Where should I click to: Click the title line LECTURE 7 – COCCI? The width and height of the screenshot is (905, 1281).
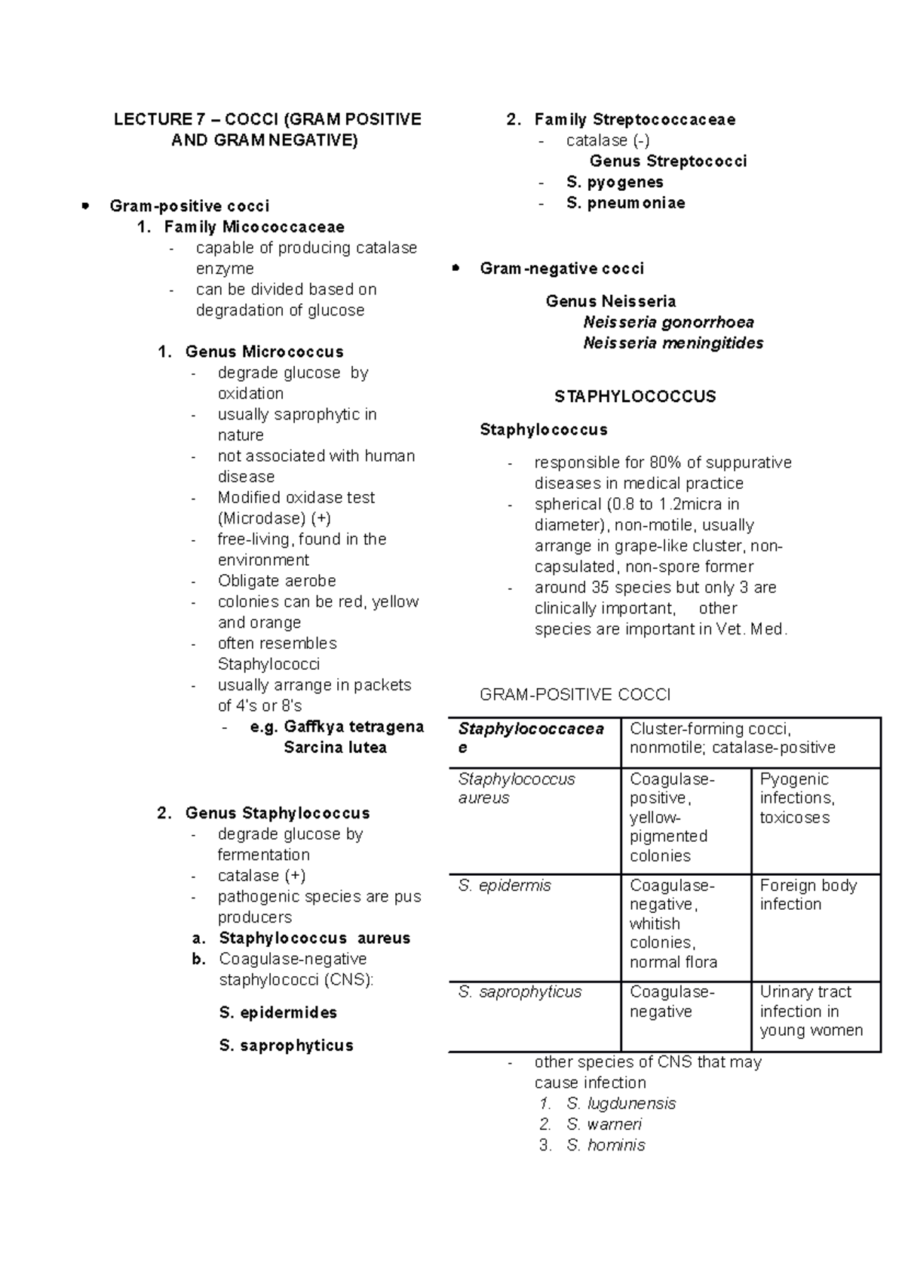(267, 119)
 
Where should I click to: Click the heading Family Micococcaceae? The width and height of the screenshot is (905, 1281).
(254, 227)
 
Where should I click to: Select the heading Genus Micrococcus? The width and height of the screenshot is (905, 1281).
(264, 352)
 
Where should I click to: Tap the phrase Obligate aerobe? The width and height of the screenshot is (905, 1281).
(277, 581)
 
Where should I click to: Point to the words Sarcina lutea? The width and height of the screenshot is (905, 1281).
(335, 748)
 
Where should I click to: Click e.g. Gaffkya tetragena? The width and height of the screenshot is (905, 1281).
(336, 727)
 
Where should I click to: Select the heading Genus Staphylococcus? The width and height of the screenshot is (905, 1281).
(277, 813)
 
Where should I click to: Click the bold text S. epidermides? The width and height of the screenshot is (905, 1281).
(278, 1012)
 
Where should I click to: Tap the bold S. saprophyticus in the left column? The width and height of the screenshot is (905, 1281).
(286, 1046)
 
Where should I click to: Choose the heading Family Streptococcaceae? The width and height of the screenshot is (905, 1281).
(634, 119)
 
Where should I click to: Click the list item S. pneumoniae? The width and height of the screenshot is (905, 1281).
(625, 203)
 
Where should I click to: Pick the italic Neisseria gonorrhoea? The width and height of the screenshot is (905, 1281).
(668, 322)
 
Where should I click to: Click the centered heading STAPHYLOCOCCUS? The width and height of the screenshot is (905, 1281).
(635, 397)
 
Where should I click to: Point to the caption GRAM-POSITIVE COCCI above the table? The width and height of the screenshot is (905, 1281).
(575, 695)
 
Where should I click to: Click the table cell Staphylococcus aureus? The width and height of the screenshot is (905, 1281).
(516, 788)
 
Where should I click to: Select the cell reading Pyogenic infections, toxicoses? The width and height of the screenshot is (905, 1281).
(796, 798)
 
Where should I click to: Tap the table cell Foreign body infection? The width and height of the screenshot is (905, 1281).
(808, 895)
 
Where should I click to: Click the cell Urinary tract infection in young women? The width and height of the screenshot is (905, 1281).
(811, 1011)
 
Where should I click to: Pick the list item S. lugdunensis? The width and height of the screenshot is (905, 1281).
(621, 1104)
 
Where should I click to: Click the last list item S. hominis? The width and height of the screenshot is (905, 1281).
(606, 1145)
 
